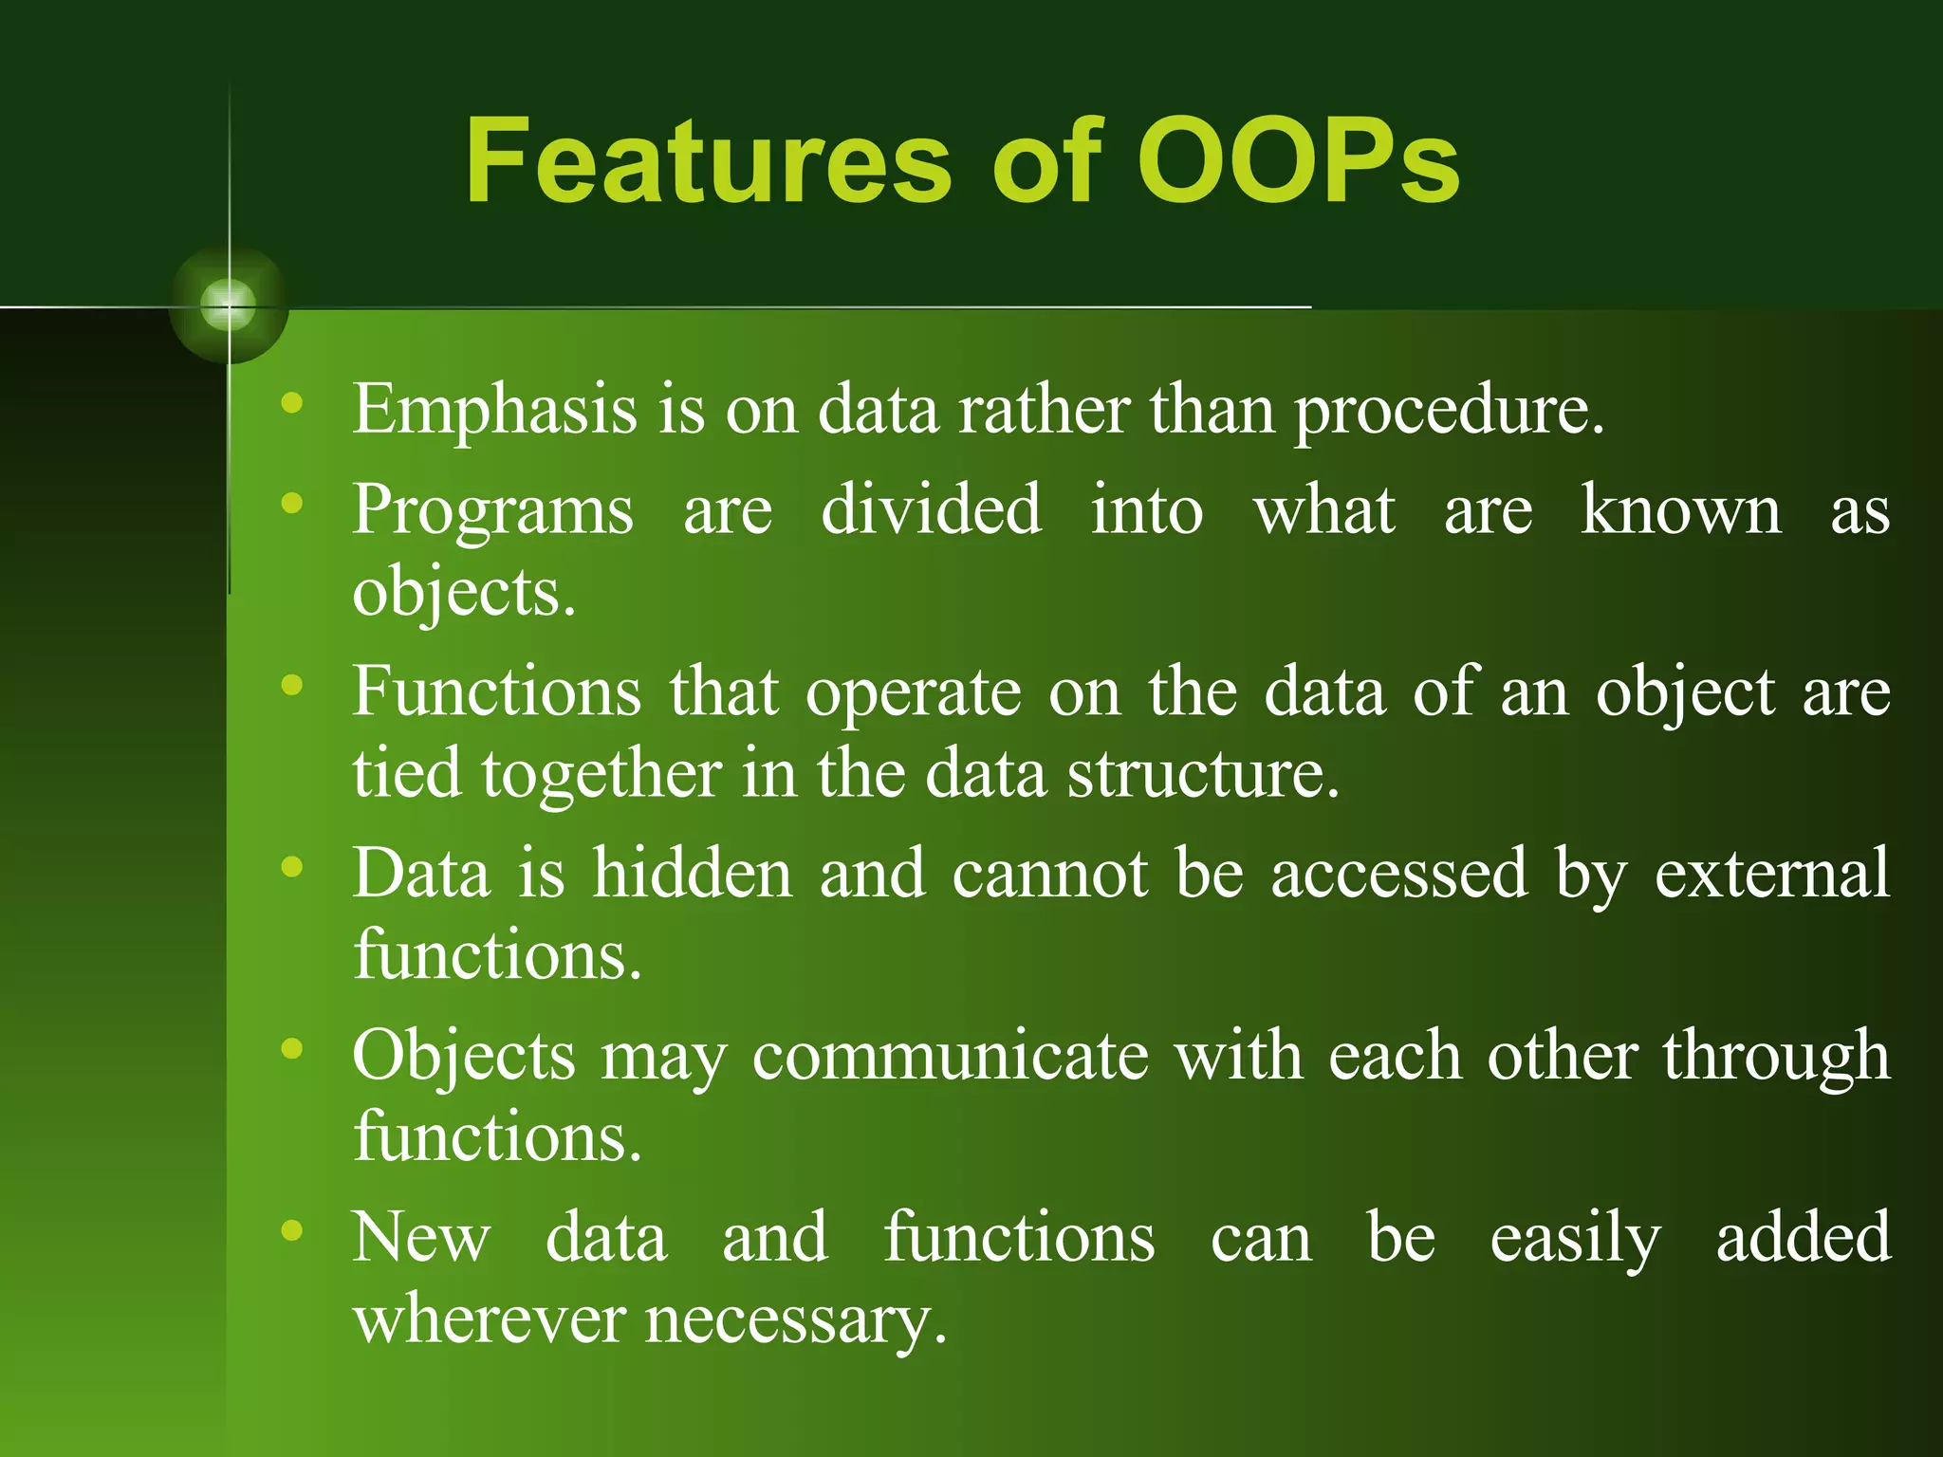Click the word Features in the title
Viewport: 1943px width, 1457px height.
707,161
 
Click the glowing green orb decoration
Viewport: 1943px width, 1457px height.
229,305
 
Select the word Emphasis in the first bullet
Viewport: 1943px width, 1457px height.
494,410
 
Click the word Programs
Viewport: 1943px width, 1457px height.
492,512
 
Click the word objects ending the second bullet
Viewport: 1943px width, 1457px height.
463,593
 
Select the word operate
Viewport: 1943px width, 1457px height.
913,693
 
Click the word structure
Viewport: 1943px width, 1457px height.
1202,774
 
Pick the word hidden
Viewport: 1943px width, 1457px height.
692,874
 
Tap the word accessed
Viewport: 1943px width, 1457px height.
1398,875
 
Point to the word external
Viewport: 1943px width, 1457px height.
1772,875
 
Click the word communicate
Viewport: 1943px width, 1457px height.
949,1057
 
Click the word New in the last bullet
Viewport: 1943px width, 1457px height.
421,1237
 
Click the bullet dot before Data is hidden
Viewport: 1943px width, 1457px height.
292,866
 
